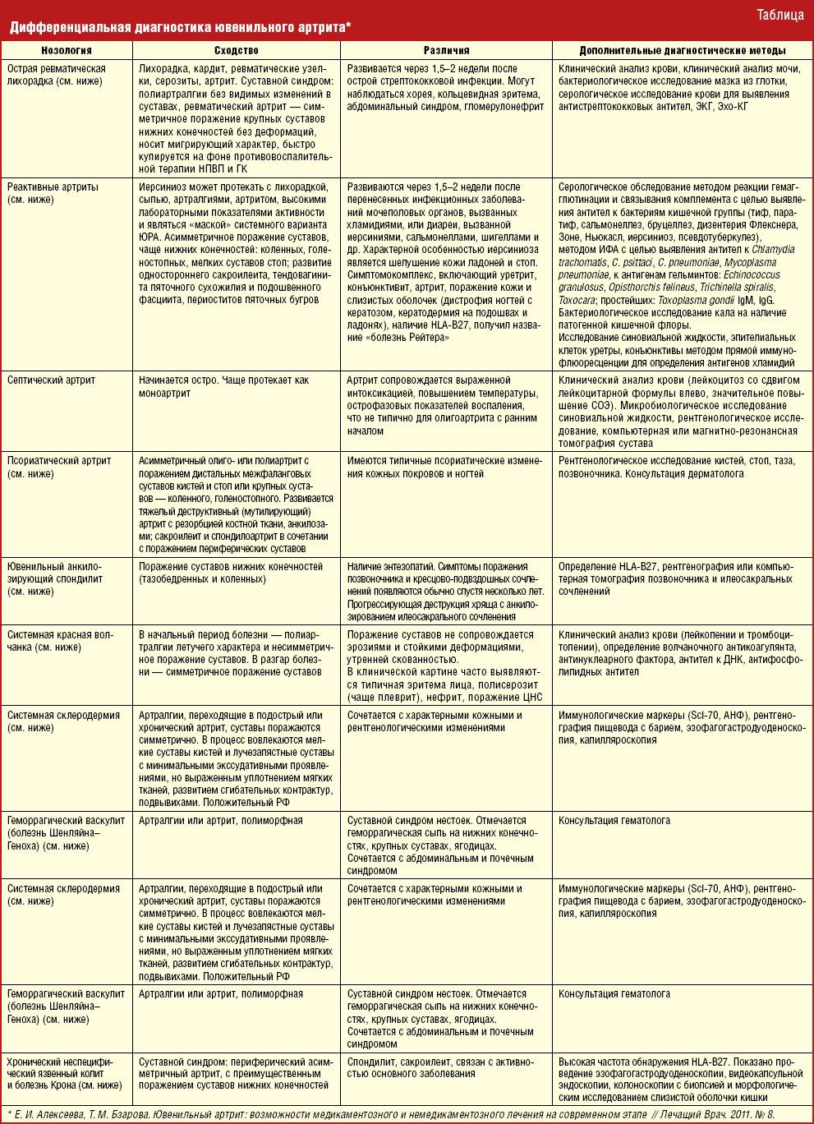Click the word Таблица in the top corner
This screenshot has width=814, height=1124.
coord(780,15)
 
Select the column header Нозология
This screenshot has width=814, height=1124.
coord(67,51)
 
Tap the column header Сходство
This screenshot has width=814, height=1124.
coord(236,51)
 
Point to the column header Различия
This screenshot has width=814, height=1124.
coord(446,51)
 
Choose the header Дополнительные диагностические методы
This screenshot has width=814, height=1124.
coord(682,51)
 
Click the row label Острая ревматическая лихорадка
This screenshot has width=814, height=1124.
coord(57,76)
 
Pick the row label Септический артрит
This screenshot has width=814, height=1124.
coord(51,380)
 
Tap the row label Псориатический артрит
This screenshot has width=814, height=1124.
coord(53,467)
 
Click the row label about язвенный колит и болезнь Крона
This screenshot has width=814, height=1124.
coord(65,1073)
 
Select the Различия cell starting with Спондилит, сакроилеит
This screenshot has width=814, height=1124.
coord(440,1066)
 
